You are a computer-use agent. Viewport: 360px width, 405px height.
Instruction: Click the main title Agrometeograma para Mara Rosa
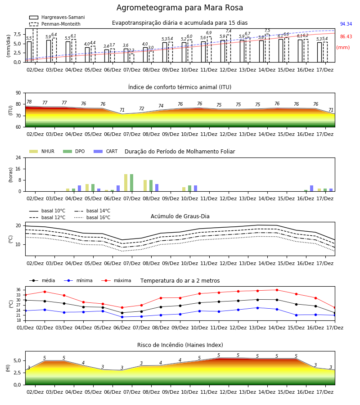point(180,8)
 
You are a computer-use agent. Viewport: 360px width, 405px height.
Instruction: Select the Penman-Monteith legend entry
point(55,24)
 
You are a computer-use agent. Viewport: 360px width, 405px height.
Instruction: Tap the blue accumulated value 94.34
point(346,24)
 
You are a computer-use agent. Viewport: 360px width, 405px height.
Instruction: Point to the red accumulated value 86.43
point(346,37)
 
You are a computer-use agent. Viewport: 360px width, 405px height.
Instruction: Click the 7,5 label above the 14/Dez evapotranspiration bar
point(267,31)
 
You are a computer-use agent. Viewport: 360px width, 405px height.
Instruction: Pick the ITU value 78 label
point(29,102)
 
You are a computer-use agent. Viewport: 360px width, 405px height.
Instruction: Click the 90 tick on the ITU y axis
point(18,93)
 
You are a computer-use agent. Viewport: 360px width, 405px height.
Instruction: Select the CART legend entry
point(105,151)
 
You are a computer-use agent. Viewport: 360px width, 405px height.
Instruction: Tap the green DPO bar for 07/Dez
point(132,183)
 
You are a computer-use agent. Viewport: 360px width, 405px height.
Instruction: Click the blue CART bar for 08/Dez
point(157,188)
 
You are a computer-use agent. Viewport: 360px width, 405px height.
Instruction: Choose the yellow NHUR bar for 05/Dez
point(87,188)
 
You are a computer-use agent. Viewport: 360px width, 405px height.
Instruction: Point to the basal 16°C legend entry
point(92,217)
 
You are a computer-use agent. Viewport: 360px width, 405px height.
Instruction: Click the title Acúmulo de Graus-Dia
point(180,216)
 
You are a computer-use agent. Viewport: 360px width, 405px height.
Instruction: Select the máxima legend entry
point(116,280)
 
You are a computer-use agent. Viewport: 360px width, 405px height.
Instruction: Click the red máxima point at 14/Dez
point(277,290)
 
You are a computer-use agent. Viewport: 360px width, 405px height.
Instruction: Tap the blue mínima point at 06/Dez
point(122,317)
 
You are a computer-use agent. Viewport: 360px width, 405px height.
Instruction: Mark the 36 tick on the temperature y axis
point(18,290)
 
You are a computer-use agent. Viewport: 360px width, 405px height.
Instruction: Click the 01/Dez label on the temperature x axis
point(25,328)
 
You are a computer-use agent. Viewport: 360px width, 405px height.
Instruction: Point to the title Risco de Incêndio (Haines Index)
point(180,345)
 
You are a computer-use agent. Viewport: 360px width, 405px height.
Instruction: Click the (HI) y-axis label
point(8,368)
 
